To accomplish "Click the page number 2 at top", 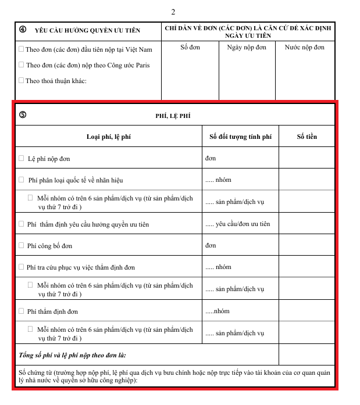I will [173, 12].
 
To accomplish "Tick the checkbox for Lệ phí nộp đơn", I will [22, 158].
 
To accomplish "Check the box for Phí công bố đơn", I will [22, 245].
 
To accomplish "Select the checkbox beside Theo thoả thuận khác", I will [22, 80].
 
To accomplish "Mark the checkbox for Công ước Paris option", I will [22, 64].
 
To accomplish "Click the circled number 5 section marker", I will [22, 114].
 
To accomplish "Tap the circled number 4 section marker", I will [22, 29].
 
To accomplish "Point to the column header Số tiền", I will [306, 137].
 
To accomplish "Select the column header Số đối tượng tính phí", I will [240, 137].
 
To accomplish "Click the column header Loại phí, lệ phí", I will [109, 137].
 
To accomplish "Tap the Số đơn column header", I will [190, 47].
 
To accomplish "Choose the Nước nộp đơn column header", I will [305, 47].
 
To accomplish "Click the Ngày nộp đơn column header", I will [246, 47].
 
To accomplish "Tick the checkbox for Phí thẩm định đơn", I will [22, 311].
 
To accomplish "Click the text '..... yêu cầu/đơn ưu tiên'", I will [238, 224].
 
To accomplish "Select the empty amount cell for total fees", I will [306, 354].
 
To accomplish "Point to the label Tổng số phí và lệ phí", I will [73, 354].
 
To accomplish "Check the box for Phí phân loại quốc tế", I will [22, 180].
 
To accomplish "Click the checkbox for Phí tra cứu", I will [22, 267].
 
